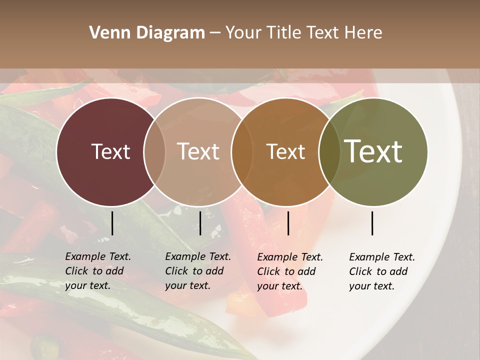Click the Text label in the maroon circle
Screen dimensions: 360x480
(x=110, y=151)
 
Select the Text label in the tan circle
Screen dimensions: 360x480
(x=198, y=151)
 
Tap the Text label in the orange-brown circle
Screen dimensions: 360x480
(x=285, y=151)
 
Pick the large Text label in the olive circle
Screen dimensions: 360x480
(x=373, y=151)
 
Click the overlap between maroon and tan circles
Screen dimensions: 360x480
(x=154, y=152)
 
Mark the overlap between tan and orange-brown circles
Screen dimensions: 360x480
(x=241, y=152)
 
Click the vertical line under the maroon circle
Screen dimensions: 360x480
(x=112, y=223)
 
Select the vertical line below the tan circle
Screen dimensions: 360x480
(x=200, y=223)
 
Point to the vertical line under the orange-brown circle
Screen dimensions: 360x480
(x=288, y=223)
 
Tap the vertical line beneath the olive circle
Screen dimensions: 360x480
(x=372, y=223)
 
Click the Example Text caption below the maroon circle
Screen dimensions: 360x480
(x=98, y=271)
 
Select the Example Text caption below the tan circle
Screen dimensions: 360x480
(x=198, y=271)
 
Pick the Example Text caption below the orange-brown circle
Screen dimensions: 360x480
(x=290, y=271)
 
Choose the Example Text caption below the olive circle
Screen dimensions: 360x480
(x=382, y=271)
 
